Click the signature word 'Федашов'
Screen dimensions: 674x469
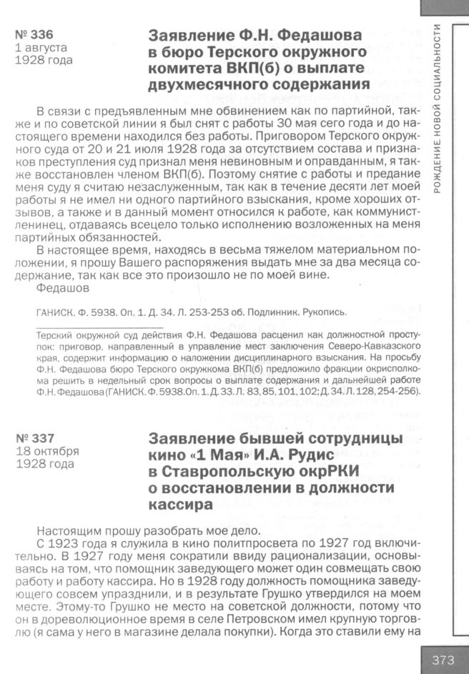click(x=62, y=288)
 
